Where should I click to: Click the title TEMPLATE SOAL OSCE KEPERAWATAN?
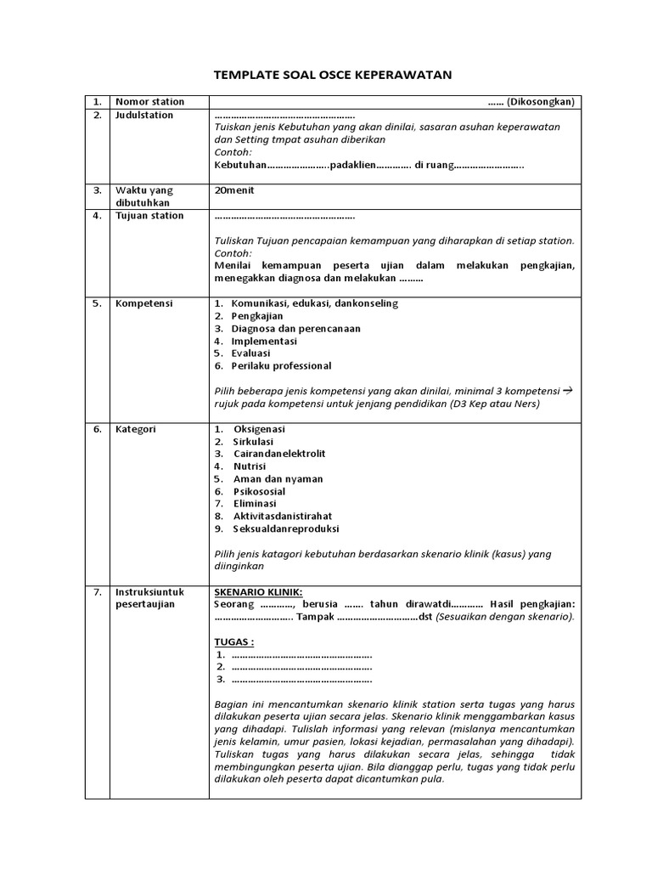pyautogui.click(x=332, y=75)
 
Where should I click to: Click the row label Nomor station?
pyautogui.click(x=149, y=102)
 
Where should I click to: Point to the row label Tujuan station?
pyautogui.click(x=149, y=216)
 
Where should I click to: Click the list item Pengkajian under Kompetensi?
pyautogui.click(x=257, y=315)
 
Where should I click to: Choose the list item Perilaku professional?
pyautogui.click(x=281, y=365)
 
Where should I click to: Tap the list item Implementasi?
pyautogui.click(x=264, y=341)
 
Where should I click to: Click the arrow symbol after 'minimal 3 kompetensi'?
pyautogui.click(x=569, y=390)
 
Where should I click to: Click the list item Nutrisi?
pyautogui.click(x=250, y=466)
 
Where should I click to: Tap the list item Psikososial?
pyautogui.click(x=259, y=491)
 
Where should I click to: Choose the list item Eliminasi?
pyautogui.click(x=256, y=503)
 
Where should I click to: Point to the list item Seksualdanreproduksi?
pyautogui.click(x=285, y=528)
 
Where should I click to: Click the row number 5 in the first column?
pyautogui.click(x=97, y=303)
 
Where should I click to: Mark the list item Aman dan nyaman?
pyautogui.click(x=278, y=478)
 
